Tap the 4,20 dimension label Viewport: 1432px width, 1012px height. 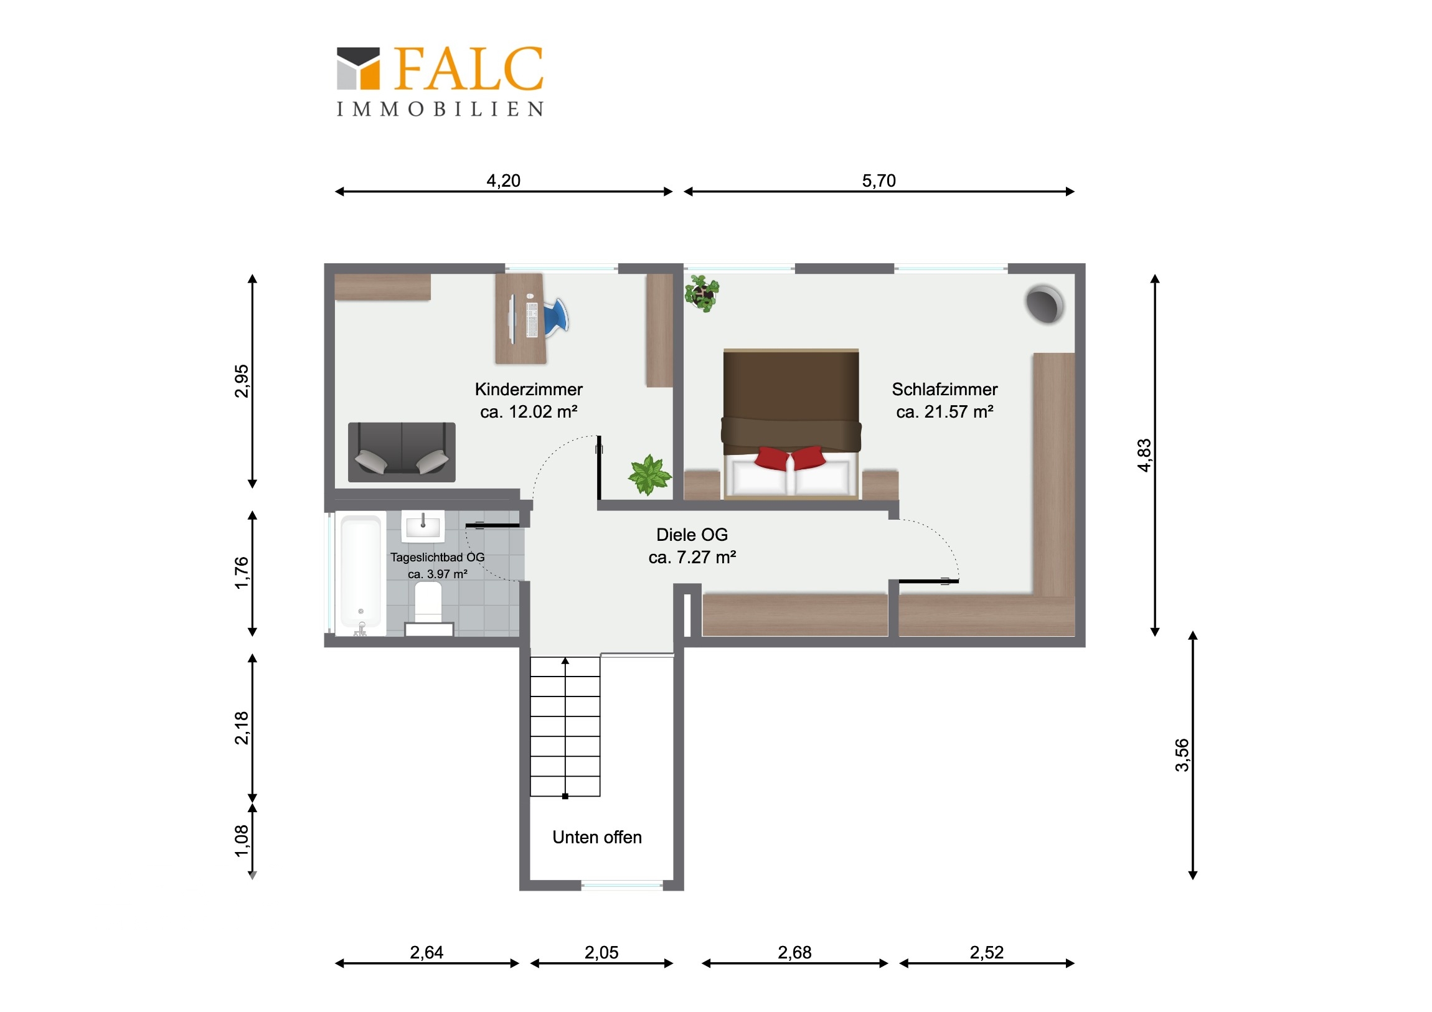(503, 181)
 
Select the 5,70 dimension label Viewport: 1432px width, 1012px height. (879, 181)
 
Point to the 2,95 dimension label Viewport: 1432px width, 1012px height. (242, 381)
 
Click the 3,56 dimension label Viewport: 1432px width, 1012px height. (1182, 755)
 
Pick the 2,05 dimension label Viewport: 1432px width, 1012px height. (601, 952)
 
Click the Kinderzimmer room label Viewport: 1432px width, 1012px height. (529, 389)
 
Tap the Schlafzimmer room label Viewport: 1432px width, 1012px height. (944, 389)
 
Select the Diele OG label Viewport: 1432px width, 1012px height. (692, 535)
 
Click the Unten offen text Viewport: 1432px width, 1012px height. (597, 836)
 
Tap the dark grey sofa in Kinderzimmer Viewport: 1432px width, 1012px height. (402, 452)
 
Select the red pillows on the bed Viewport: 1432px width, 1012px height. (789, 457)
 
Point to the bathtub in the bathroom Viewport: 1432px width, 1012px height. (360, 574)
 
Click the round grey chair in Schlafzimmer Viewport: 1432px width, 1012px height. (1044, 304)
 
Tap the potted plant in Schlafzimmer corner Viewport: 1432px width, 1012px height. (702, 293)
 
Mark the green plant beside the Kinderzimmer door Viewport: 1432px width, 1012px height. (649, 475)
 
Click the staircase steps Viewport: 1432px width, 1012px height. (565, 726)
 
